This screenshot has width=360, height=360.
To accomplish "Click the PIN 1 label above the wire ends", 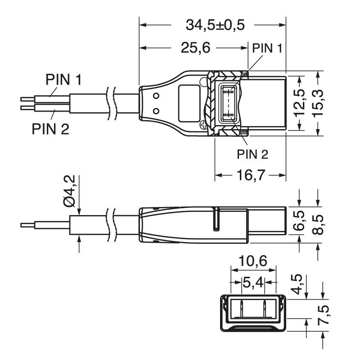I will point(63,80).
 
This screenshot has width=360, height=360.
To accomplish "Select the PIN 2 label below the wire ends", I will point(50,129).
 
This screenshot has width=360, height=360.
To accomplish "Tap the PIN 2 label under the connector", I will point(252,154).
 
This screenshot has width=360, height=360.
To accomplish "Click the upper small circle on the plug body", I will point(156,95).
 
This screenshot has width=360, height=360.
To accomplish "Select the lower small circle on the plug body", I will point(156,111).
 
